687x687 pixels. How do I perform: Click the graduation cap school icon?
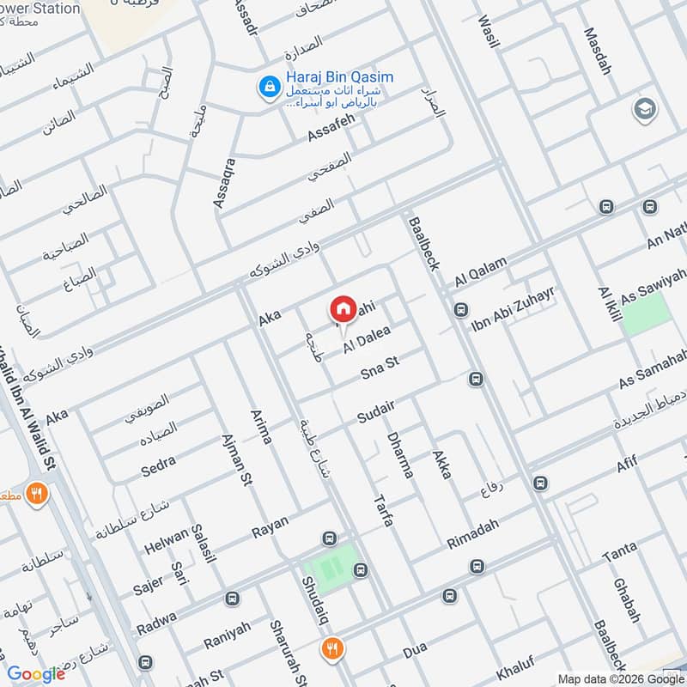(x=642, y=109)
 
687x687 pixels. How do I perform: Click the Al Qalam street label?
(x=482, y=270)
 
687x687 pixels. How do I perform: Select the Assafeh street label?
(x=331, y=130)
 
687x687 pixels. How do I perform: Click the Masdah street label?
(x=599, y=52)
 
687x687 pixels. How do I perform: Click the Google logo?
(x=36, y=674)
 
